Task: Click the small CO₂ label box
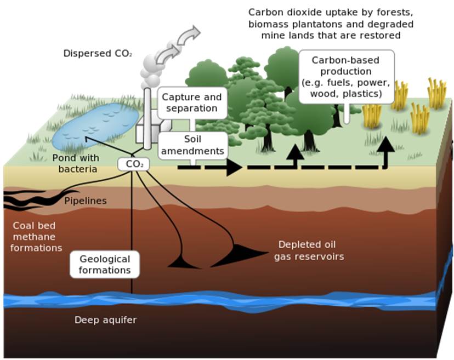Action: pyautogui.click(x=133, y=164)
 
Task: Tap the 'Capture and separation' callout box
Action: pyautogui.click(x=192, y=103)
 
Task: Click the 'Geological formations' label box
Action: pyautogui.click(x=105, y=265)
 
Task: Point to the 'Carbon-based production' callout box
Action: pyautogui.click(x=347, y=77)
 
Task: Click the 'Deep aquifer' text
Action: pyautogui.click(x=105, y=320)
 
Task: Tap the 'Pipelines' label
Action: pyautogui.click(x=86, y=201)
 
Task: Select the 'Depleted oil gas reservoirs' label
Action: pyautogui.click(x=309, y=250)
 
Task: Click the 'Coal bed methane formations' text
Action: pyautogui.click(x=36, y=237)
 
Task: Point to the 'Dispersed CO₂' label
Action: pyautogui.click(x=98, y=54)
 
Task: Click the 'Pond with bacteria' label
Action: pyautogui.click(x=76, y=163)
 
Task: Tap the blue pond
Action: pyautogui.click(x=95, y=126)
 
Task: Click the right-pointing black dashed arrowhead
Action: pyautogui.click(x=234, y=167)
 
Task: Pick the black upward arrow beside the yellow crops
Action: pyautogui.click(x=386, y=152)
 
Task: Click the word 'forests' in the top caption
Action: pyautogui.click(x=395, y=13)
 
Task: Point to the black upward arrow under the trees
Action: pyautogui.click(x=295, y=155)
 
